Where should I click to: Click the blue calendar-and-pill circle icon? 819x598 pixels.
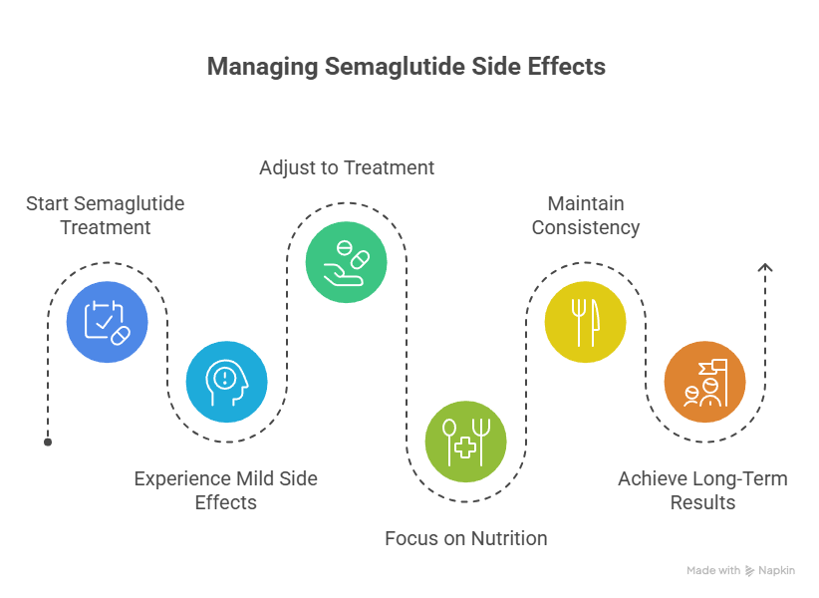click(x=107, y=322)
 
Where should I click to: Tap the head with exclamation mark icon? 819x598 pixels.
click(x=227, y=382)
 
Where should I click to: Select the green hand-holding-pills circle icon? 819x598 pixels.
click(x=347, y=262)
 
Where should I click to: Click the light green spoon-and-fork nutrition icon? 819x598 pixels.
click(x=466, y=442)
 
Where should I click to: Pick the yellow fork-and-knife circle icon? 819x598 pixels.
click(x=586, y=322)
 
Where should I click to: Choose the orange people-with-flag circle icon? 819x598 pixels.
click(x=705, y=382)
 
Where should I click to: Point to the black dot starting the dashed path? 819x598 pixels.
click(x=48, y=443)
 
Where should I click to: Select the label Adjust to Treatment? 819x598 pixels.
click(x=347, y=167)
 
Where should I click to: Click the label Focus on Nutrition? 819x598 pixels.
click(x=466, y=538)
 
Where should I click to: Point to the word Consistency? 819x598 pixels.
click(x=586, y=227)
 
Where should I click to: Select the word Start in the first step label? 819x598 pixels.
click(x=48, y=203)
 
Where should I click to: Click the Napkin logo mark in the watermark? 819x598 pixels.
click(x=750, y=571)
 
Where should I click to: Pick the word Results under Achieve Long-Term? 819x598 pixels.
click(x=702, y=503)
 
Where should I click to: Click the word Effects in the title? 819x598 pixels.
click(x=567, y=68)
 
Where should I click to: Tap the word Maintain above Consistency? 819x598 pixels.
click(x=586, y=203)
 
